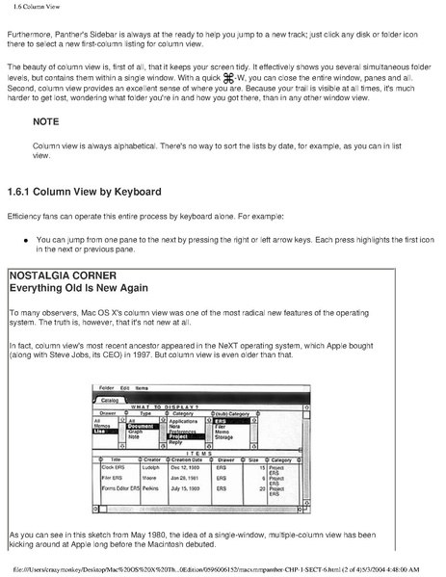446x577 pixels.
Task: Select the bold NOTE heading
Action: click(45, 149)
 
